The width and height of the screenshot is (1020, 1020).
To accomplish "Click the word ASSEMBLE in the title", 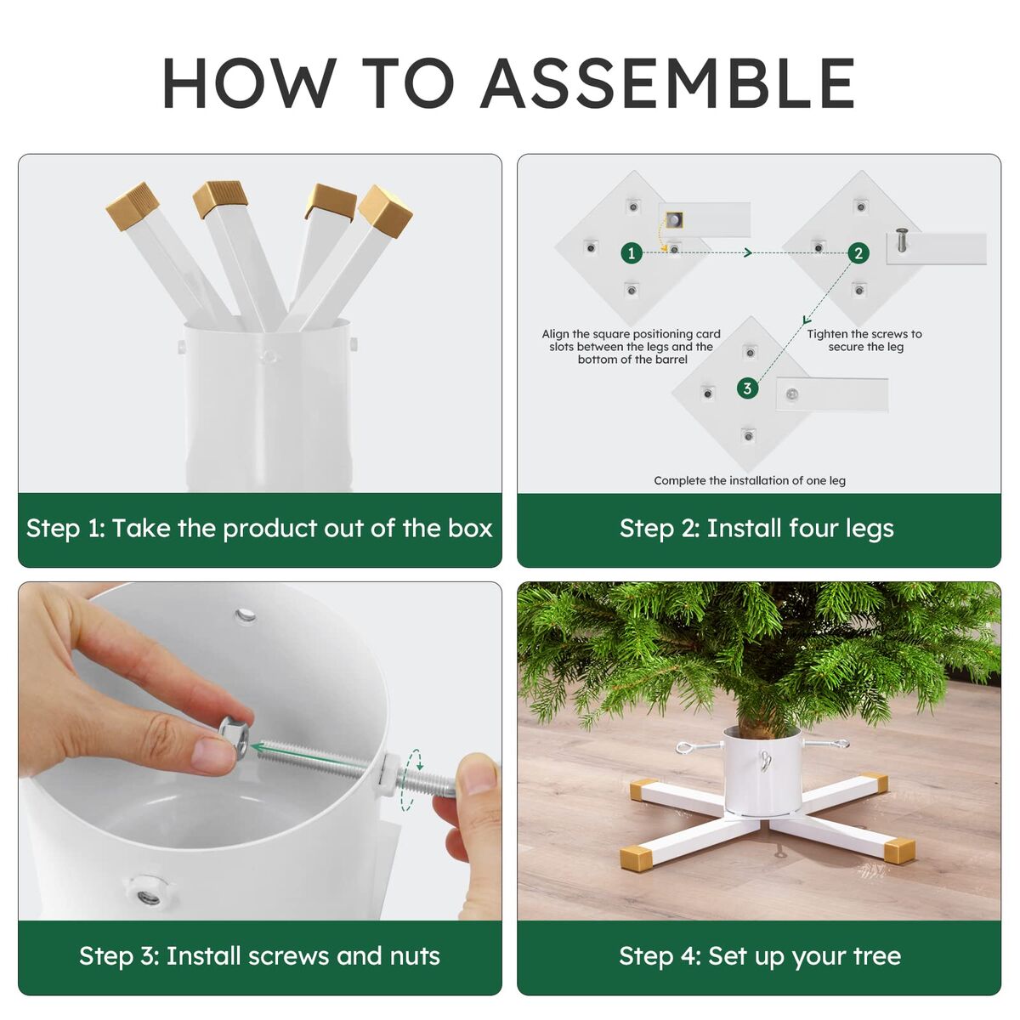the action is point(668,83).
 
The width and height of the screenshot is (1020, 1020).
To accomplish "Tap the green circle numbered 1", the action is point(631,253).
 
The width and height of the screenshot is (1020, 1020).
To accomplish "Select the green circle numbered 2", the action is point(858,253).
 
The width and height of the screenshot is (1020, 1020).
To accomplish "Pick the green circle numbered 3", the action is point(747,388).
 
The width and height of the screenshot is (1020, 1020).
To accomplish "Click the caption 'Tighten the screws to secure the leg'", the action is point(864,340).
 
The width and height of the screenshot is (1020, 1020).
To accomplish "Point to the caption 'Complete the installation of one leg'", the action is point(750,480).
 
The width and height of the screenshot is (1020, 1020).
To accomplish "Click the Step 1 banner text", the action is point(259,529).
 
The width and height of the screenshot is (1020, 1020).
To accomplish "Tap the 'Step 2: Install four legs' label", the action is point(757,529).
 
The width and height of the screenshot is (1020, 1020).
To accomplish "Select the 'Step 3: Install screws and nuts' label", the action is point(259,956).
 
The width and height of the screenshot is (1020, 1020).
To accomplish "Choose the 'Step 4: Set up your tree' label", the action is point(760,956).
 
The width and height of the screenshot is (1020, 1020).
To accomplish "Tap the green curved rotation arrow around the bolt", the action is point(411,779).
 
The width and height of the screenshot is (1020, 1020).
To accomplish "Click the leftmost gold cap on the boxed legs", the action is point(133,206).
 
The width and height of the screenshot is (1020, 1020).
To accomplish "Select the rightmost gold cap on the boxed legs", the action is point(385,211).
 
